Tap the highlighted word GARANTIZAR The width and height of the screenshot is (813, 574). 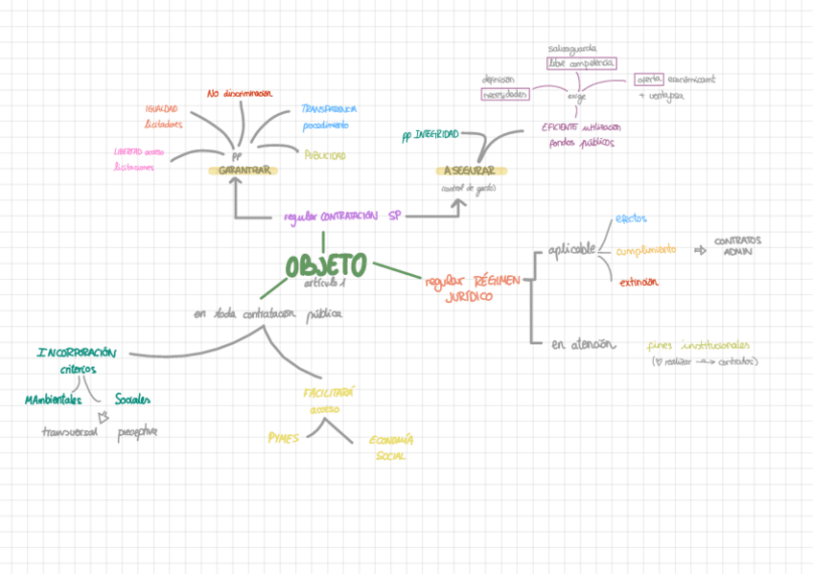point(243,171)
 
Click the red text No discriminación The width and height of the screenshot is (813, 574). point(240,94)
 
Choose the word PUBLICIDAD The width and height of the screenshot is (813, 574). point(325,155)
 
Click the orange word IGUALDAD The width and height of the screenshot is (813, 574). point(161,109)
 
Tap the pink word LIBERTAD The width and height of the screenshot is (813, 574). point(128,151)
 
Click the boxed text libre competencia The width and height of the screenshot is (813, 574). point(581,63)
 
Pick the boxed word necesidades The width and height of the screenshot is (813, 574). point(506,94)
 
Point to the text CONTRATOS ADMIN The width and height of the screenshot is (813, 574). point(738,245)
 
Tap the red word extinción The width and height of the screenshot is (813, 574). point(639,283)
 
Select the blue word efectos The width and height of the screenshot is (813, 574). point(631,218)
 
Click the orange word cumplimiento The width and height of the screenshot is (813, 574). point(645,250)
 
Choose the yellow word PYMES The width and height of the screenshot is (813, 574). point(284,438)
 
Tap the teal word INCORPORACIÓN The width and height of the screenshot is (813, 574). point(77,353)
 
